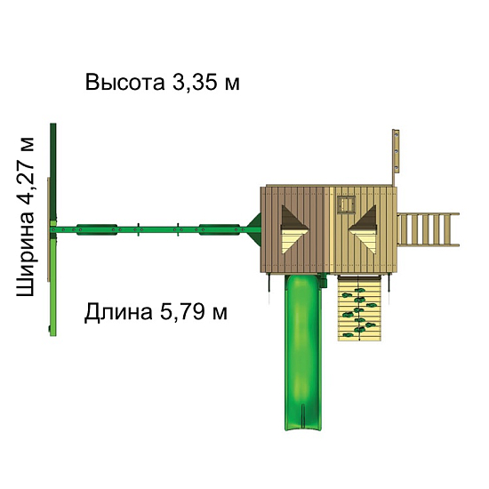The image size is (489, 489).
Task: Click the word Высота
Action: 124,83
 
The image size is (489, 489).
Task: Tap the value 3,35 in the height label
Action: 196,83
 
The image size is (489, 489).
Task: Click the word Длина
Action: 118,312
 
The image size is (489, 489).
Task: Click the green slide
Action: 303,352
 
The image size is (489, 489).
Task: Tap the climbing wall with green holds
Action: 360,308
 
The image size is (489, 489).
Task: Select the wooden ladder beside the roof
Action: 429,230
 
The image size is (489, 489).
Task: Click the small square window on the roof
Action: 347,204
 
